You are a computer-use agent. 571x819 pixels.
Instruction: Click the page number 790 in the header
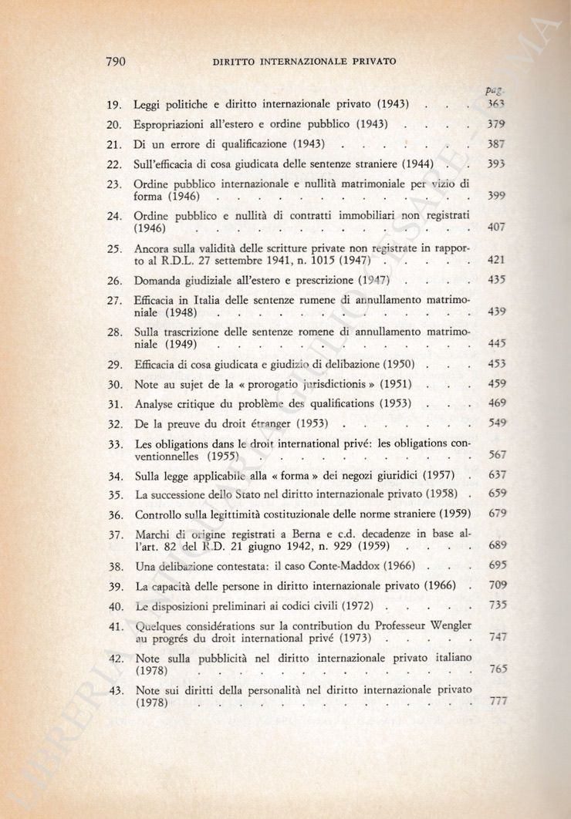114,61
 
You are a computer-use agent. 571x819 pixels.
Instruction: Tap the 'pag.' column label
495,90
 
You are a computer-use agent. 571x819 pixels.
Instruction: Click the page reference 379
496,123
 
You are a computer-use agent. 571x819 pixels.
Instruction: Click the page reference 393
496,164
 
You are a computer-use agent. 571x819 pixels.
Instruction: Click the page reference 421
496,261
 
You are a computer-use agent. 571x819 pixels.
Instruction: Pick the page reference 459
497,383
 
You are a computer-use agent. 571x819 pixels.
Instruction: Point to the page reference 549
497,423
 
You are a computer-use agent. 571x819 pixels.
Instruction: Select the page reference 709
498,585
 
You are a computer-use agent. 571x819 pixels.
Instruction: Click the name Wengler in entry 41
449,625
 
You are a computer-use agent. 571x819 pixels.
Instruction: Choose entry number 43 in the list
117,690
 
